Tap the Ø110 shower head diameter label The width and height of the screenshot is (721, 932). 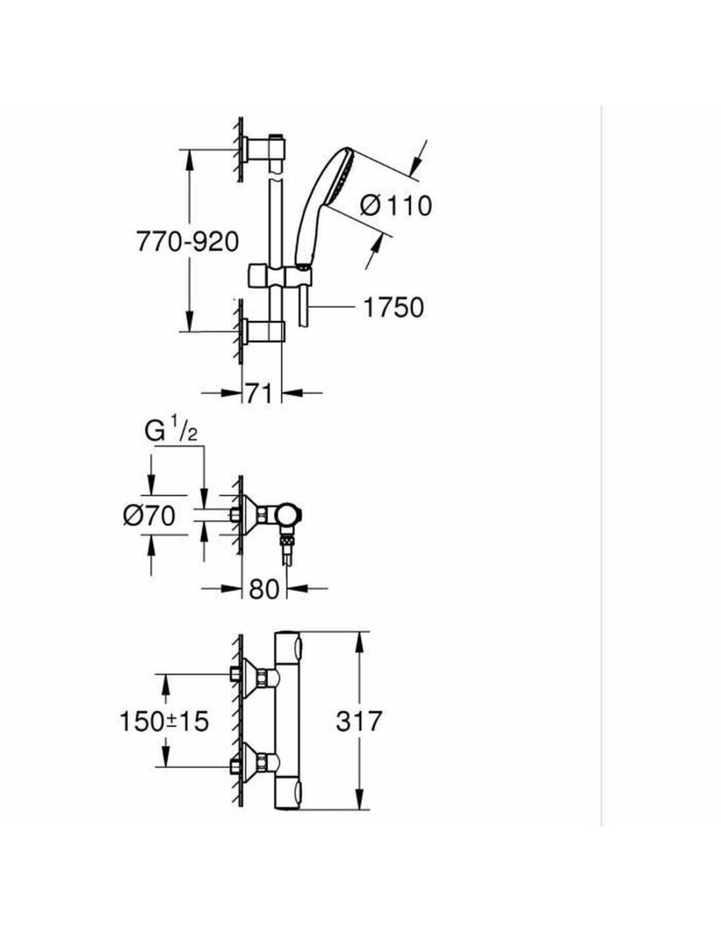click(395, 206)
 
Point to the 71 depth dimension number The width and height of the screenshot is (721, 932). click(260, 393)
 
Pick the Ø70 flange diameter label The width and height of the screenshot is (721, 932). click(149, 515)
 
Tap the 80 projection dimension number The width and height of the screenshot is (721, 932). click(263, 589)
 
